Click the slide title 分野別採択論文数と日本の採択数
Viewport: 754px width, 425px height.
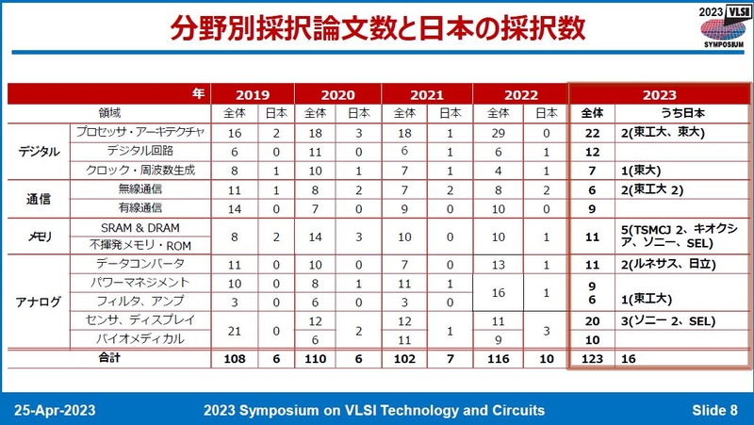pos(377,27)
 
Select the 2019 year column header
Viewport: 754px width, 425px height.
pos(252,94)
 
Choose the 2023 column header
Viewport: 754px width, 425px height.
pos(659,94)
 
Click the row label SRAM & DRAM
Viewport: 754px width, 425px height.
pos(139,228)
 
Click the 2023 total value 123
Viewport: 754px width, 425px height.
pos(592,359)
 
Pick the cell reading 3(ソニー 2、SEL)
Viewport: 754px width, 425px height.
pos(664,321)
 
